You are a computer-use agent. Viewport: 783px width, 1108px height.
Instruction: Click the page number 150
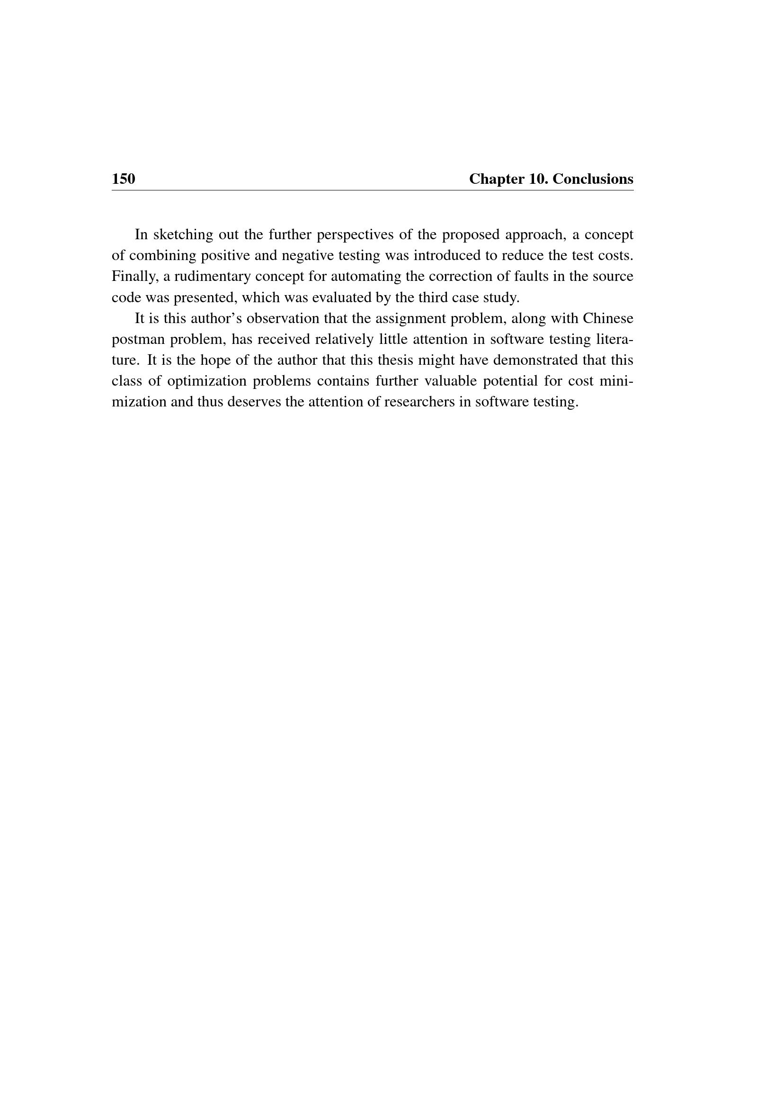124,179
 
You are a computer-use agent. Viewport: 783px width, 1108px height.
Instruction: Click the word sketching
183,235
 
